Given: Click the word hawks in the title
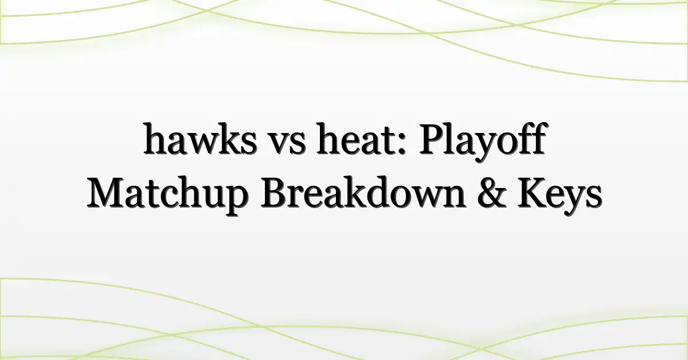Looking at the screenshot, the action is click(x=201, y=139).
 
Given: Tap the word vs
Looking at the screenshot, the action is click(x=288, y=143).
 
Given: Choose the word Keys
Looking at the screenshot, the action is click(x=560, y=196).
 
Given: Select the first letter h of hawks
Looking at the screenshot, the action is click(x=155, y=138).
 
